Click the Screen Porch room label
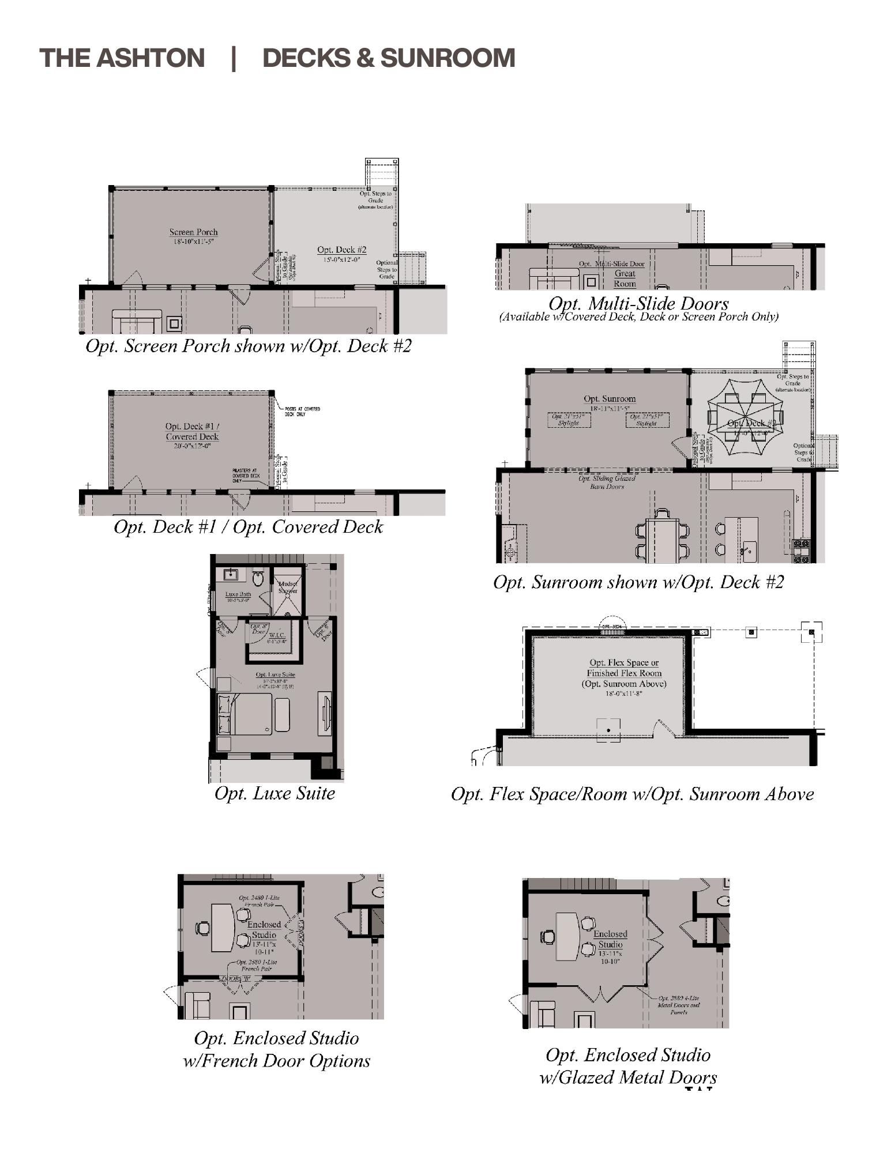point(193,232)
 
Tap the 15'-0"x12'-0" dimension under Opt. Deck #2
point(341,259)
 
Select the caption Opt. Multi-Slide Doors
point(638,303)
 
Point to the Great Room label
point(625,278)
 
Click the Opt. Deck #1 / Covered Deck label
point(192,431)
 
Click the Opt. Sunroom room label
point(610,399)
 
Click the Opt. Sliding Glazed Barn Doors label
point(607,482)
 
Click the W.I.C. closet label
point(277,636)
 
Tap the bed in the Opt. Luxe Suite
point(245,714)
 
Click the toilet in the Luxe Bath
point(258,578)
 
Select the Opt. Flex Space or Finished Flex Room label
point(624,668)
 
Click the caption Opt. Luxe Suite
point(275,793)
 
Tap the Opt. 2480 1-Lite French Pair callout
point(259,901)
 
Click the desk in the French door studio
point(223,927)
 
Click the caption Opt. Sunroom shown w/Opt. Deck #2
point(638,582)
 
